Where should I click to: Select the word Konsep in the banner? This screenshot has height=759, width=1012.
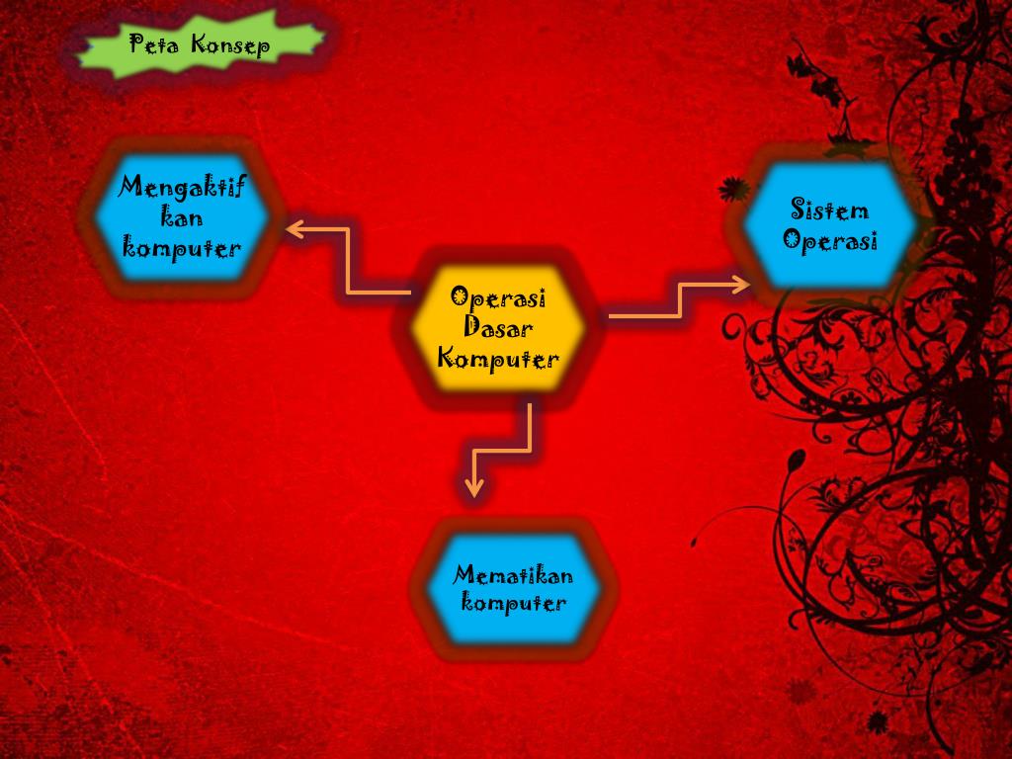[229, 46]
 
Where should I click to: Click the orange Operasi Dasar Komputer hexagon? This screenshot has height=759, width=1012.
[499, 327]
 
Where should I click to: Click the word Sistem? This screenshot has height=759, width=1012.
[830, 209]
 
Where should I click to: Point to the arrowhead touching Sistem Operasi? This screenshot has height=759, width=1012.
[743, 285]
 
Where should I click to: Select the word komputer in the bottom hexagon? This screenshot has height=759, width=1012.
[514, 603]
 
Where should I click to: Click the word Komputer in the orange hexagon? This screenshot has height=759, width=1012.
[499, 358]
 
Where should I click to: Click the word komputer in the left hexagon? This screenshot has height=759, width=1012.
[183, 247]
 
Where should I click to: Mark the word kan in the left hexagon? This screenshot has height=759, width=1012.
[182, 217]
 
